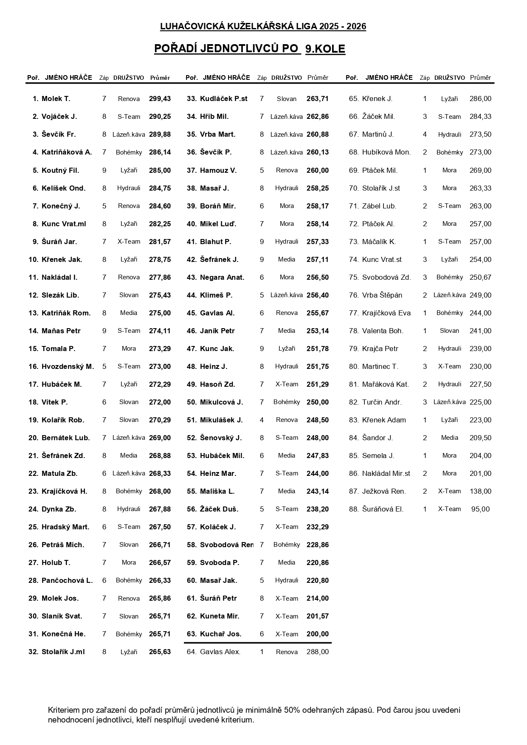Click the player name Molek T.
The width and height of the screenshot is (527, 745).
pyautogui.click(x=56, y=99)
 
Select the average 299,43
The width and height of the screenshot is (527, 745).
pyautogui.click(x=160, y=99)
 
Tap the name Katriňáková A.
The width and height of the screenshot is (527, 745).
pyautogui.click(x=67, y=152)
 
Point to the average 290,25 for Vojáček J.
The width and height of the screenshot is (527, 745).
pyautogui.click(x=160, y=117)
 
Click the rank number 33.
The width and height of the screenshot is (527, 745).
pyautogui.click(x=192, y=99)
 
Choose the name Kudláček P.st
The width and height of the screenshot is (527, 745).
pyautogui.click(x=223, y=99)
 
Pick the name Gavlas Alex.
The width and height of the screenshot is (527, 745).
pyautogui.click(x=220, y=652)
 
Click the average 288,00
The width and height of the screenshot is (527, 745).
pyautogui.click(x=317, y=652)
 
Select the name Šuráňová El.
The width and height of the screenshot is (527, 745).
pyautogui.click(x=383, y=509)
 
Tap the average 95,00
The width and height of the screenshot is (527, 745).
pyautogui.click(x=480, y=509)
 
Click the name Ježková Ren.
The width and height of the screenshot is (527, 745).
pyautogui.click(x=384, y=492)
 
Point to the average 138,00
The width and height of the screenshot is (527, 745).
pyautogui.click(x=480, y=492)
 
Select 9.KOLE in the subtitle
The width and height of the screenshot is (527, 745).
pyautogui.click(x=325, y=49)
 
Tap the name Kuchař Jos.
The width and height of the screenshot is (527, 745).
pyautogui.click(x=220, y=634)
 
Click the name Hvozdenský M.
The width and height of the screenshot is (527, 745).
pyautogui.click(x=68, y=367)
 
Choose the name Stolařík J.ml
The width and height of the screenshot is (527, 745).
pyautogui.click(x=63, y=652)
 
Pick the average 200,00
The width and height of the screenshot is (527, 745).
pyautogui.click(x=317, y=634)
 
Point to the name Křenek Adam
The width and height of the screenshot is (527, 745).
pyautogui.click(x=384, y=420)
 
